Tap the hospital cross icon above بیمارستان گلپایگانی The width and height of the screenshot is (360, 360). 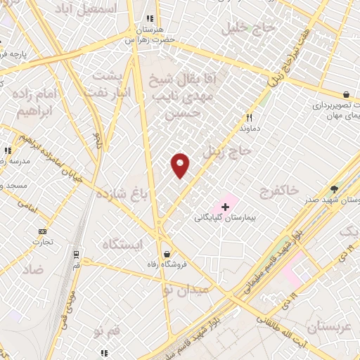pos(225,207)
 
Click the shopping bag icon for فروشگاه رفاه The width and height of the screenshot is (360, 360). pos(166,254)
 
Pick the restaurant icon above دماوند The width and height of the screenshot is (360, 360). pos(248,118)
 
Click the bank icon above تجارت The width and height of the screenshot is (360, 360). pos(42,231)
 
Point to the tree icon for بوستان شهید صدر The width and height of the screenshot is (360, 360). pos(335,189)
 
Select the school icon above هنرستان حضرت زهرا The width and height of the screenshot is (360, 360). pos(149,19)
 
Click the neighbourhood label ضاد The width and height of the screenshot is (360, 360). pos(32,269)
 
